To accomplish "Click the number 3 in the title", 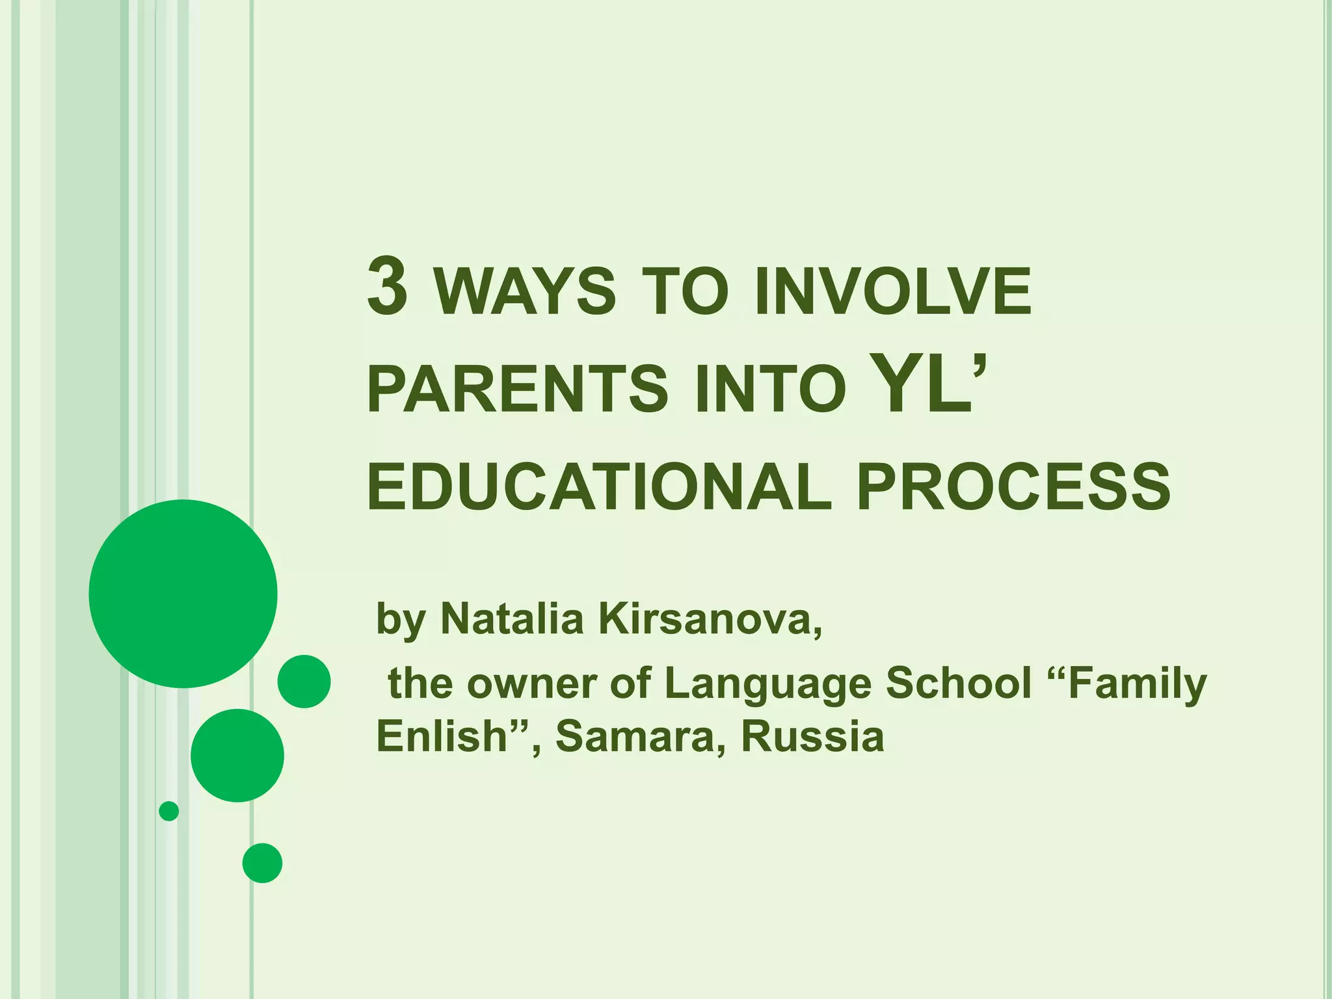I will [388, 286].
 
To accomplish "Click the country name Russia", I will [812, 736].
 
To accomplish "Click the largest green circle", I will [183, 593].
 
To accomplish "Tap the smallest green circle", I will [169, 811].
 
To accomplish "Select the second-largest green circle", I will [237, 755].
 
